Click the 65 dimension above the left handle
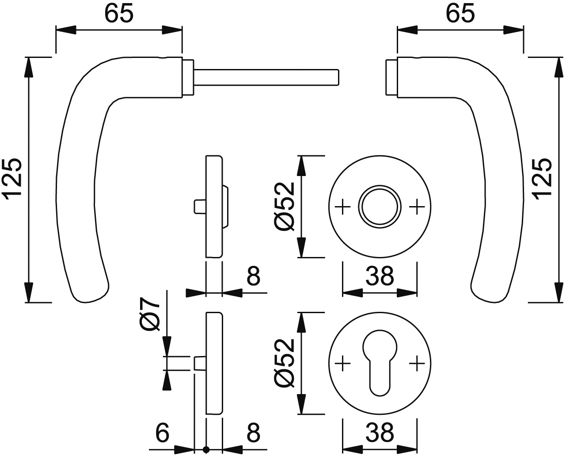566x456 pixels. coord(119,14)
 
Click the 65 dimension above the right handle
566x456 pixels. coord(460,14)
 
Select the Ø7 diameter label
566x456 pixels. coord(150,314)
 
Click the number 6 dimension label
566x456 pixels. coord(163,432)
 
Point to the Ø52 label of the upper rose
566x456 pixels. coord(284,207)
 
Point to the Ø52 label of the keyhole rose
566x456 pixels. coord(284,363)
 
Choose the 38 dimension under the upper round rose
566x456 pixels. coord(380,276)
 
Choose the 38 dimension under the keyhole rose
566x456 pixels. coord(380,432)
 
